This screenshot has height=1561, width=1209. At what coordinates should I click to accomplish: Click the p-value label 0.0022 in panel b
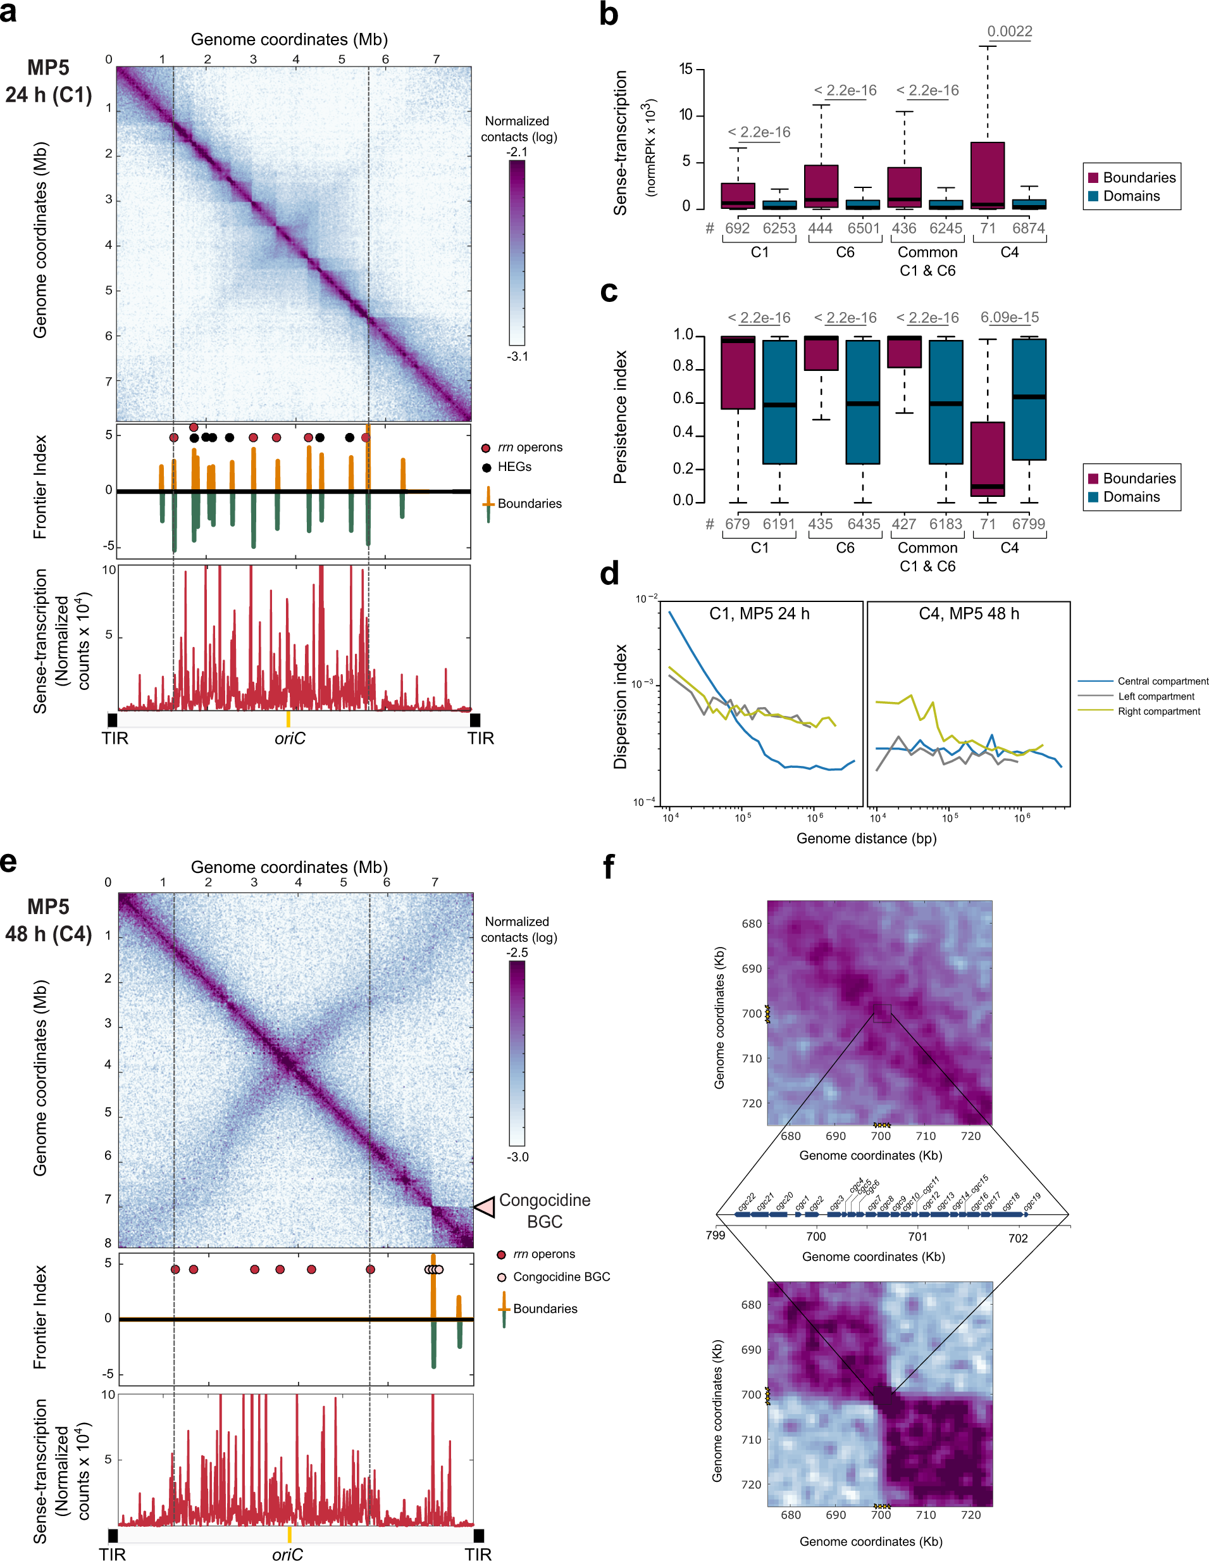point(1009,32)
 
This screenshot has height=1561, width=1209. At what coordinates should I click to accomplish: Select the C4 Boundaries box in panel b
point(987,175)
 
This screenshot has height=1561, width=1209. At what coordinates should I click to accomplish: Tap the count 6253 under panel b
point(778,228)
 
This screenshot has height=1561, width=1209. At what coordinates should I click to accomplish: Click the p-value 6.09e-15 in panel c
point(1009,317)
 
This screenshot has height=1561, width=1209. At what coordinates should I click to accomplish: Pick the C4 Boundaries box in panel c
point(987,458)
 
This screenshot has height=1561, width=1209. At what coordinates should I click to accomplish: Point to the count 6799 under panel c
point(1028,524)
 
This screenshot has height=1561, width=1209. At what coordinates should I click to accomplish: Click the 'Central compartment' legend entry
point(1163,681)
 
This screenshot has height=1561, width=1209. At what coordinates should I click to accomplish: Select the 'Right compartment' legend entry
point(1158,711)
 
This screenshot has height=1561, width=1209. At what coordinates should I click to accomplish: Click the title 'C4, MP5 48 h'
point(968,614)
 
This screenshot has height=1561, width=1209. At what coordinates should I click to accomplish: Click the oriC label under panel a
point(289,738)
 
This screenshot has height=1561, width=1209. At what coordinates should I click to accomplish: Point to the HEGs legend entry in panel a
point(514,467)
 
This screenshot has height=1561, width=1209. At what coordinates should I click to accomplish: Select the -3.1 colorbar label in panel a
point(518,356)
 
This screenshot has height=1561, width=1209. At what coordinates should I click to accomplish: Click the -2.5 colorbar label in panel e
point(518,953)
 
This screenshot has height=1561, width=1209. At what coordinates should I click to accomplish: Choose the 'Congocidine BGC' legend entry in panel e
point(561,1277)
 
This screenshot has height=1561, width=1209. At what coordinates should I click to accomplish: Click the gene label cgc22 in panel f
point(746,1201)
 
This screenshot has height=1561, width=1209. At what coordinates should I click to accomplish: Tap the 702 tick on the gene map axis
point(1017,1238)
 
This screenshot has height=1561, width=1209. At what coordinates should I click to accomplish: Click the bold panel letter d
point(609,574)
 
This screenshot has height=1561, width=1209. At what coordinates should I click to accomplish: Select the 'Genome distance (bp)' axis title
point(866,838)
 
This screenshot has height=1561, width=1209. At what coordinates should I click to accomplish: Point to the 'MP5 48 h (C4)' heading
point(49,920)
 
